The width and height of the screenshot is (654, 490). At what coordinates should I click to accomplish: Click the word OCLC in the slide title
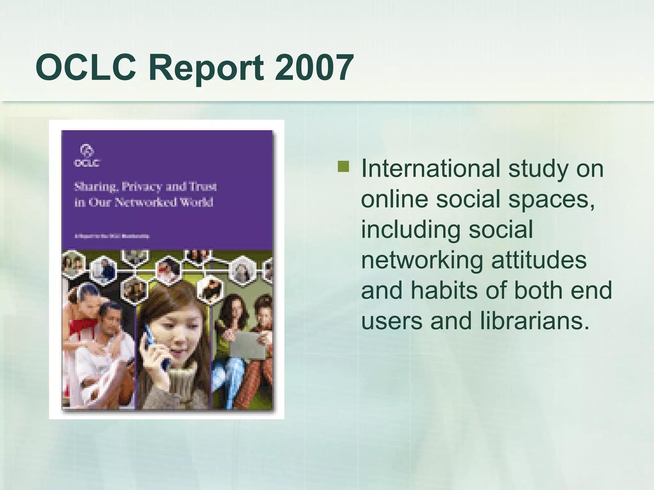point(86,68)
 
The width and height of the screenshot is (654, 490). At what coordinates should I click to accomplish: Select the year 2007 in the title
point(314,68)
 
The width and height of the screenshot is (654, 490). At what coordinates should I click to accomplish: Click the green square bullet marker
point(343,167)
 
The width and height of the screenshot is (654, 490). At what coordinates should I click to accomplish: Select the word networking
point(422,260)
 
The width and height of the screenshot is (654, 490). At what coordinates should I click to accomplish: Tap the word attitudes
point(539,260)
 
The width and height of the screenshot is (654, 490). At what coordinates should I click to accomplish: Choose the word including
point(411,230)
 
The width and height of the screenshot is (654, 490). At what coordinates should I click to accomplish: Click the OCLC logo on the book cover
point(87,155)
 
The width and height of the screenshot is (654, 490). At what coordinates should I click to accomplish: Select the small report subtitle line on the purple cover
point(112,236)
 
